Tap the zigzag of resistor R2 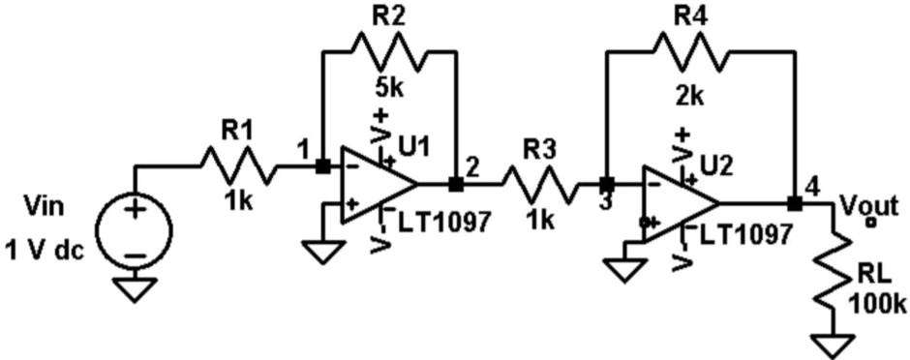click(x=387, y=52)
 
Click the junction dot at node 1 click(x=321, y=165)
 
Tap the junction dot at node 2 click(x=456, y=183)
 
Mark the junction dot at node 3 click(x=606, y=183)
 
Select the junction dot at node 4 click(x=794, y=203)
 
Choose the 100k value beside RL click(x=877, y=304)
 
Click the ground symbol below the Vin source click(x=135, y=289)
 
